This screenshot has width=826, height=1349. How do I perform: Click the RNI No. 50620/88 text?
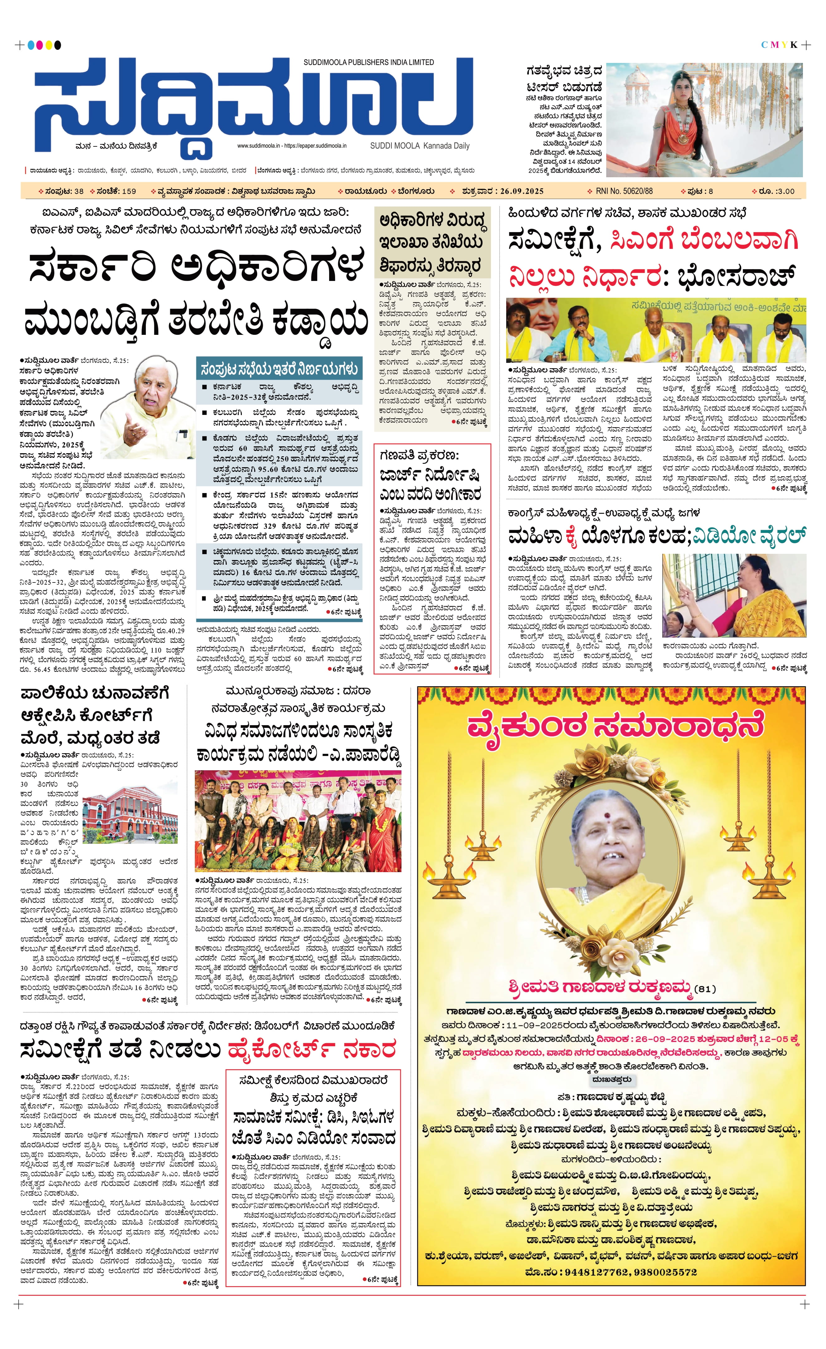624,191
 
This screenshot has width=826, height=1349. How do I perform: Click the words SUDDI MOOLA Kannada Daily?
420,146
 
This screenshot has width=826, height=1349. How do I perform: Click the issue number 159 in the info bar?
129,191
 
